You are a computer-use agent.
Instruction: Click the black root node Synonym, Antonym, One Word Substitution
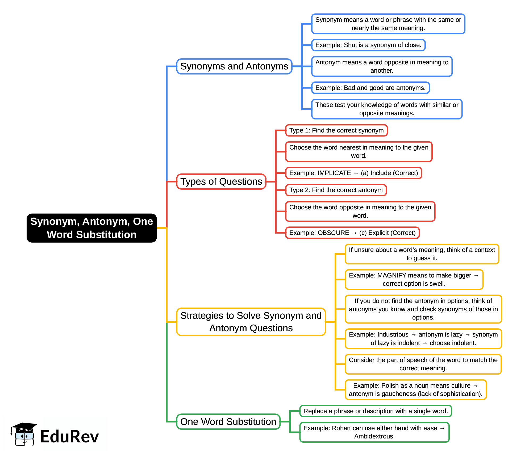[x=91, y=228]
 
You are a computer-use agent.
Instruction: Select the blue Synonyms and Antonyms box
[x=234, y=66]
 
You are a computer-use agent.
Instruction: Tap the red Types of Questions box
[x=221, y=181]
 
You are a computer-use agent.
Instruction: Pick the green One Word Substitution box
[x=228, y=422]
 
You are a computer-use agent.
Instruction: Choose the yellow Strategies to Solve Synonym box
[x=251, y=322]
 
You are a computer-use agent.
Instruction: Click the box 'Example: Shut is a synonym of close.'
[x=368, y=45]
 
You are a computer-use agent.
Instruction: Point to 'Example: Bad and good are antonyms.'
[x=370, y=88]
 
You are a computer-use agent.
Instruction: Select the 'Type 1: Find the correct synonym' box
[x=336, y=130]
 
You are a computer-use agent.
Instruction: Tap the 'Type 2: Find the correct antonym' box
[x=336, y=190]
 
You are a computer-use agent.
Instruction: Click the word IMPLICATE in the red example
[x=334, y=173]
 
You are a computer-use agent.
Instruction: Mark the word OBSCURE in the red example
[x=334, y=233]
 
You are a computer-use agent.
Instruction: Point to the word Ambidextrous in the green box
[x=374, y=436]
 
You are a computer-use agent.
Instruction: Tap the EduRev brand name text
[x=69, y=437]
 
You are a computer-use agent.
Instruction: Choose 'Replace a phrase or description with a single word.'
[x=376, y=411]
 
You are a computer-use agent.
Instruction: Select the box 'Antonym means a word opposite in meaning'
[x=382, y=66]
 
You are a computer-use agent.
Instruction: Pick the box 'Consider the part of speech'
[x=423, y=364]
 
